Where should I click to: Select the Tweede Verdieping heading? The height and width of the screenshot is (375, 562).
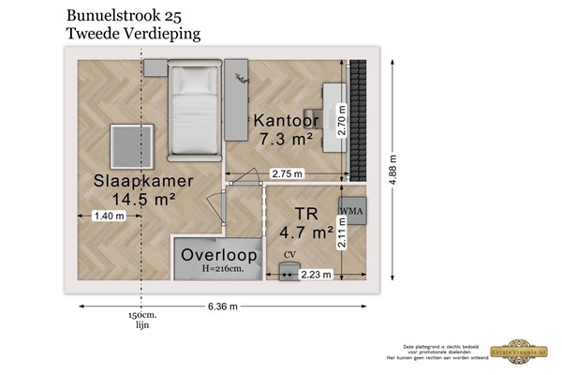pos(133,34)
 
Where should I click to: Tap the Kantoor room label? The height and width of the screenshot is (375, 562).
pos(286,121)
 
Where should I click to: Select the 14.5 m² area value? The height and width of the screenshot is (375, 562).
pos(144,199)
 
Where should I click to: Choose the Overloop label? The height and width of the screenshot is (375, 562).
pos(219,254)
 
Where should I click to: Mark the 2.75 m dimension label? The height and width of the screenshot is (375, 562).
pos(287,173)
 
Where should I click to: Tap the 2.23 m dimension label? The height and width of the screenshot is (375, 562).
pos(315,275)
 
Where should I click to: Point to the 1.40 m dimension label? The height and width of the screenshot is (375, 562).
pos(110,217)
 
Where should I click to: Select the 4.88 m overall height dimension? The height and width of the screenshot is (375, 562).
pos(394,172)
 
